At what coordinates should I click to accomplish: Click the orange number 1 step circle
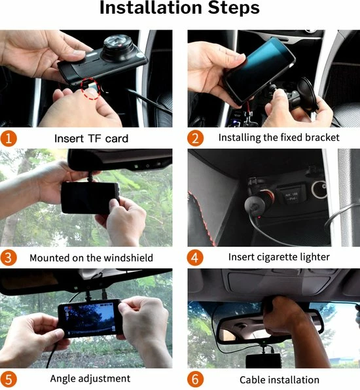[9, 138]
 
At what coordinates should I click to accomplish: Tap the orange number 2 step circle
[196, 138]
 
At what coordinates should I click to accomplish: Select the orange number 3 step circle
[9, 257]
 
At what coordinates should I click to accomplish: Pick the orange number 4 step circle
[196, 257]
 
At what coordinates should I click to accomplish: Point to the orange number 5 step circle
[9, 378]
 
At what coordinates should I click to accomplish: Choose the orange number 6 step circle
[196, 379]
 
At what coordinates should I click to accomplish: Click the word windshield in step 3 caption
[129, 257]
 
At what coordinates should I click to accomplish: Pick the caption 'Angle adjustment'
[90, 378]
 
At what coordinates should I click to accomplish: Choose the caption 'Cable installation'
[279, 380]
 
